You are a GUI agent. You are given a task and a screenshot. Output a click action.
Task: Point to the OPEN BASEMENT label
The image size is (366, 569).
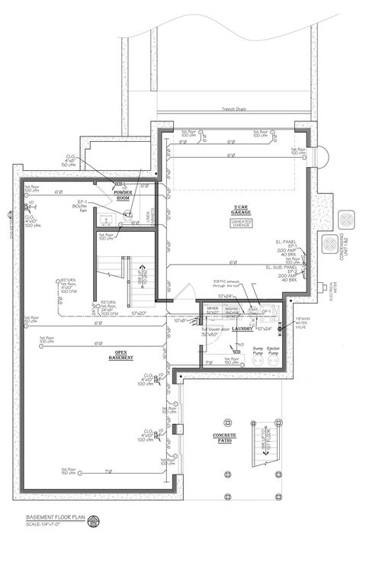pyautogui.click(x=120, y=356)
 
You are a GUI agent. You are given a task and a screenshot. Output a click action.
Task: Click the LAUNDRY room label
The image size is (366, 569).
pyautogui.click(x=242, y=329)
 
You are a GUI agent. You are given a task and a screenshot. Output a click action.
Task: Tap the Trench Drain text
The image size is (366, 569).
pyautogui.click(x=237, y=108)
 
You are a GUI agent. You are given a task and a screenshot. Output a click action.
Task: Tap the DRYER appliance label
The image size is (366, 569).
pyautogui.click(x=213, y=310)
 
